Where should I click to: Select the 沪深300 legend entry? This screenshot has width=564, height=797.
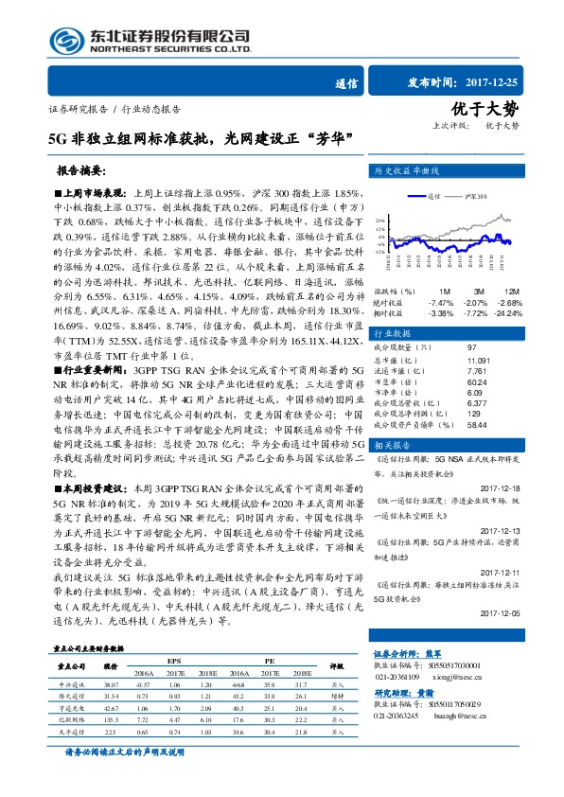(477, 197)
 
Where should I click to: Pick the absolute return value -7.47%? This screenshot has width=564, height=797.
(441, 301)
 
